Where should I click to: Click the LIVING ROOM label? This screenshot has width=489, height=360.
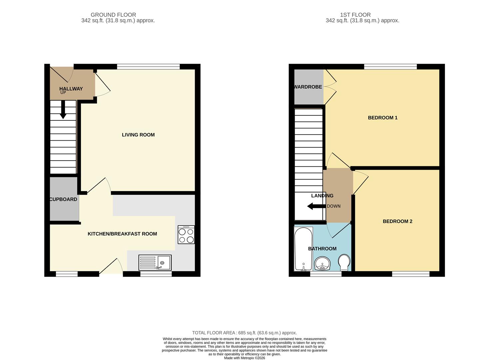138,135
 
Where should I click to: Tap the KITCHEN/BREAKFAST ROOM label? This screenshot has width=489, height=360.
122,234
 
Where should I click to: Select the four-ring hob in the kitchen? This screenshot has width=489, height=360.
186,235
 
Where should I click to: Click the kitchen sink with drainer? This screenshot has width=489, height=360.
155,263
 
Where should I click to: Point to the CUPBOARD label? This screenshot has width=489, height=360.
63,199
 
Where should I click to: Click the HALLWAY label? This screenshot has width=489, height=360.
71,89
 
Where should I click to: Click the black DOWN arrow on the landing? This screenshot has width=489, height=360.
316,206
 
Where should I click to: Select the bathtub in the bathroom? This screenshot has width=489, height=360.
303,249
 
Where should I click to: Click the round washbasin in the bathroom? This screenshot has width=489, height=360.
322,263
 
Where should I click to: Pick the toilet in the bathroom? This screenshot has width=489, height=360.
344,263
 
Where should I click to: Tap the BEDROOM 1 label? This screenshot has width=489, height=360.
382,118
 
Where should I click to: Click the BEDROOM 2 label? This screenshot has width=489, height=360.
397,221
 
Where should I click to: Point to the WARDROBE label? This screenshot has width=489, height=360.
308,87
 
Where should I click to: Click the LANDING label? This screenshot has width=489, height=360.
322,196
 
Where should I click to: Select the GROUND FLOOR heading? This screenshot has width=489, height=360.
113,15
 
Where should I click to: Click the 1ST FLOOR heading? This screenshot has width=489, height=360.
355,15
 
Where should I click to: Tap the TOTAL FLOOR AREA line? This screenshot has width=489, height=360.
244,333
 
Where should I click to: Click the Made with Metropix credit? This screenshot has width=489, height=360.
244,358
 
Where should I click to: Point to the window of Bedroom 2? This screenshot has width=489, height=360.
411,274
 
